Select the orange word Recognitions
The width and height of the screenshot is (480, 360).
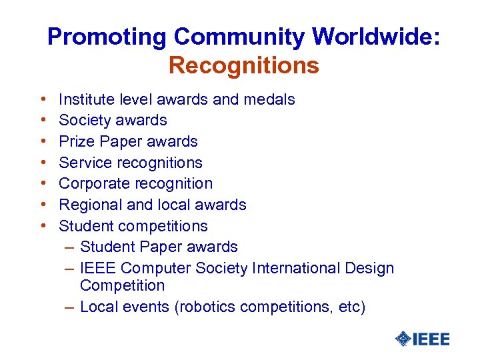243,66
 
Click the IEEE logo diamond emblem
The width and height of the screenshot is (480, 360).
403,339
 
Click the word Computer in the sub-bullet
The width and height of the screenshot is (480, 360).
158,268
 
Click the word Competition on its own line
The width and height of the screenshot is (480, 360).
122,286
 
